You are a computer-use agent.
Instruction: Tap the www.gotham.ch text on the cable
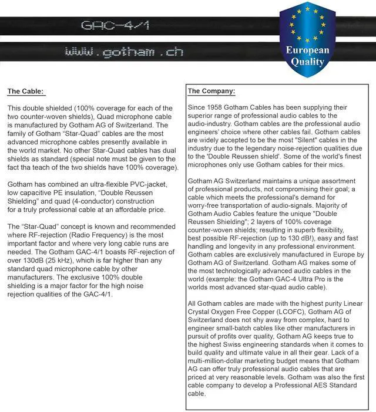coord(123,52)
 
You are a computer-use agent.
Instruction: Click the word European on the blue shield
coord(307,50)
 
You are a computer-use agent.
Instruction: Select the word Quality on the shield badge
coord(307,62)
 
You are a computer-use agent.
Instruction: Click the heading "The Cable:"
coord(25,91)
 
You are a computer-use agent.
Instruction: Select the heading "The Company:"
coord(211,91)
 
